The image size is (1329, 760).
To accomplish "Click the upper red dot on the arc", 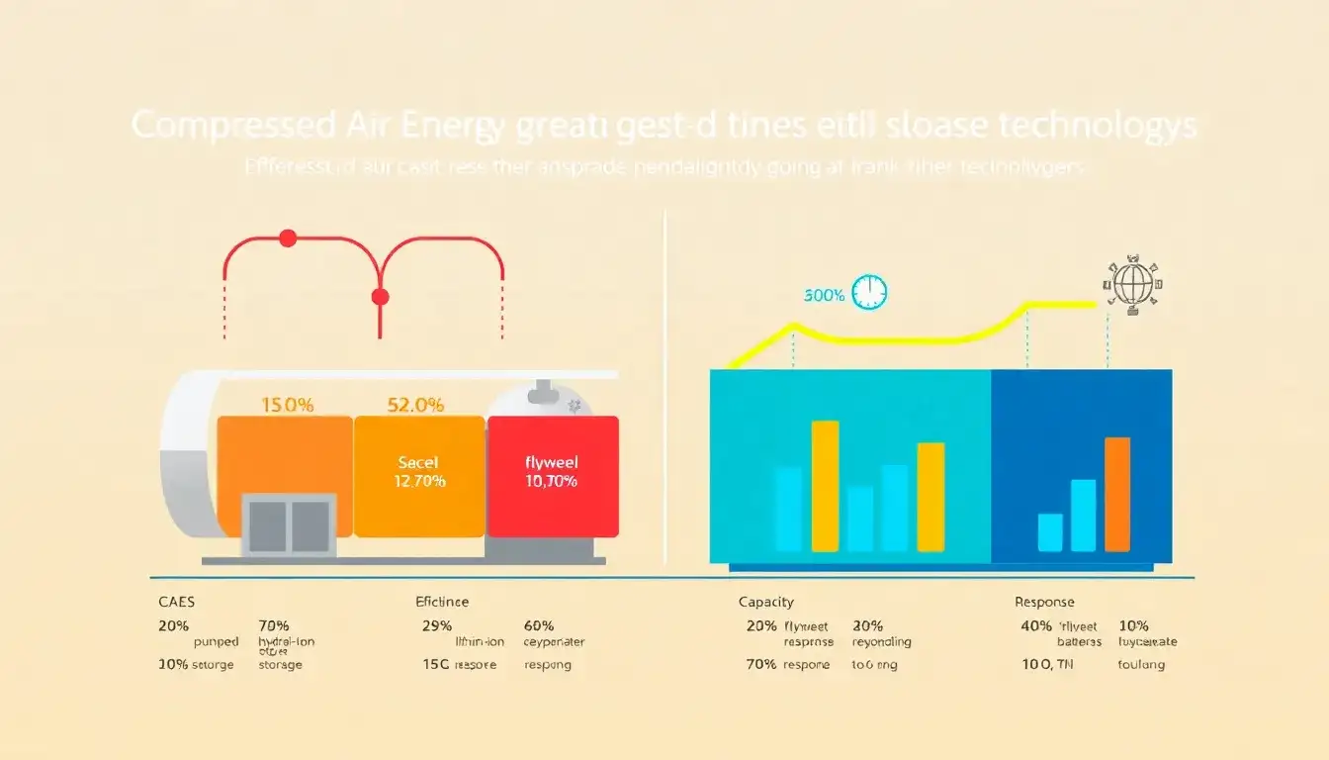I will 288,238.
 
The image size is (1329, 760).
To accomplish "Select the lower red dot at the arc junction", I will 379,297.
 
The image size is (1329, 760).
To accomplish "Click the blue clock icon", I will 869,292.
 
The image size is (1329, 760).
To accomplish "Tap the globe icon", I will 1133,284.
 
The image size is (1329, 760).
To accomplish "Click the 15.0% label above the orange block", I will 287,405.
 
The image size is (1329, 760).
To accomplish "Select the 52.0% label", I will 417,405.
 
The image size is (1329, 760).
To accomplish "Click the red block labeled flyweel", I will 553,476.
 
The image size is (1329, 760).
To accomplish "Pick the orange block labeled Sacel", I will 419,476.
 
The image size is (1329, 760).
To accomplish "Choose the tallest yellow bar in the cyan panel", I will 825,486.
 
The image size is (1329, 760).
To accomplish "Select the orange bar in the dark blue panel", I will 1117,494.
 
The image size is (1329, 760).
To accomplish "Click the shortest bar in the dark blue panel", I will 1050,532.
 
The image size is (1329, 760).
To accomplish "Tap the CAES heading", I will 176,602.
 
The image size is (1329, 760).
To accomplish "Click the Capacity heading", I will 766,602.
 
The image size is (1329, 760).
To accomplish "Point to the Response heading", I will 1044,602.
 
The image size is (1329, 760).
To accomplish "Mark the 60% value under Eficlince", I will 538,626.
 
